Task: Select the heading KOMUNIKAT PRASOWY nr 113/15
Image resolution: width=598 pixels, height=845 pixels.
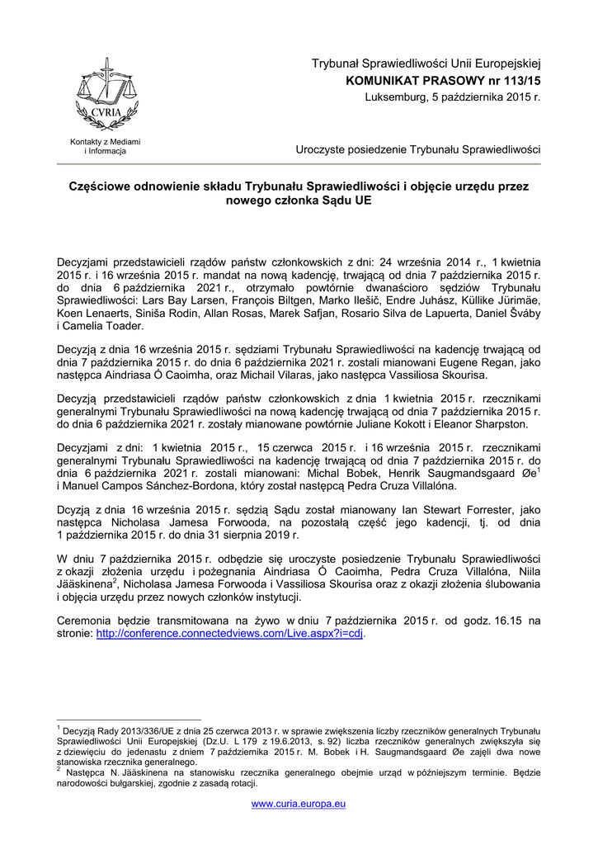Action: coord(443,81)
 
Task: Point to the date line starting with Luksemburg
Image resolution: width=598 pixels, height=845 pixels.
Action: coord(452,97)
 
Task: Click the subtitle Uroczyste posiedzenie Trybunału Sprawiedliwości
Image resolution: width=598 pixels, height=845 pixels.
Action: coord(417,149)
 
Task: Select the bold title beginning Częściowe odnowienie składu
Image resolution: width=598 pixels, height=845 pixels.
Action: coord(299,193)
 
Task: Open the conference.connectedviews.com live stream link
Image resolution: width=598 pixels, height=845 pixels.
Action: coord(230,634)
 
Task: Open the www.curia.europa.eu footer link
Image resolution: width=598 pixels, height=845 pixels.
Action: coord(298,803)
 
